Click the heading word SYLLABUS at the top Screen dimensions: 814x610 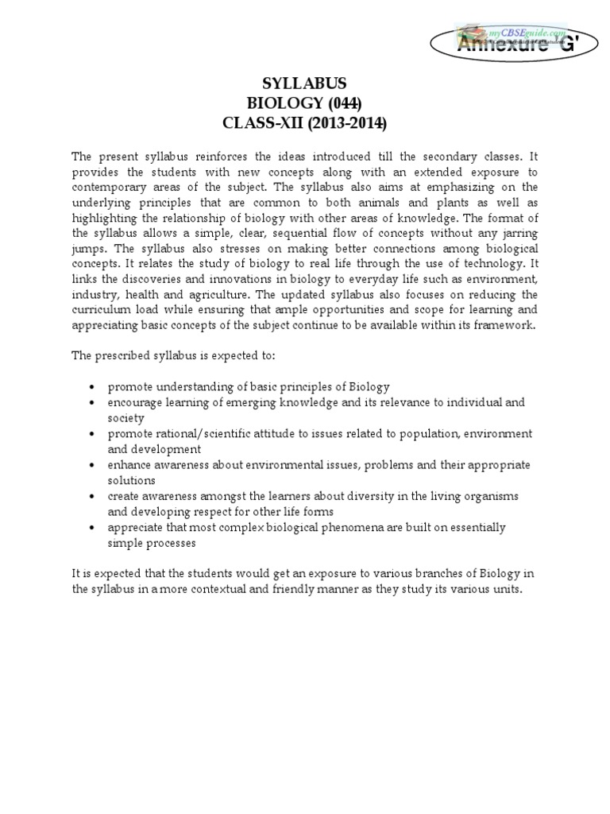305,83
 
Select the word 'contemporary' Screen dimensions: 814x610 109,188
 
